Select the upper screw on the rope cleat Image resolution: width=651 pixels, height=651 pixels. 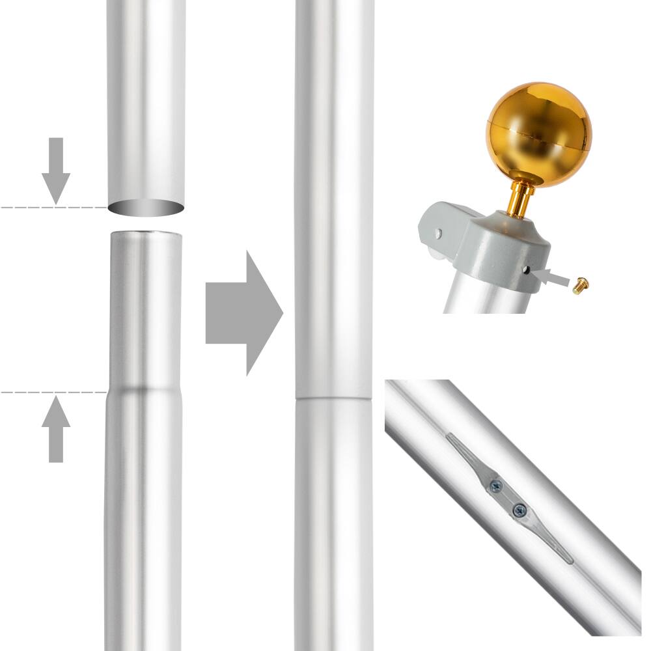496,485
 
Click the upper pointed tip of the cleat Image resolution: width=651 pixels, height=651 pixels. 450,437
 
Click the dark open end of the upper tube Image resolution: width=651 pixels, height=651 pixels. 146,208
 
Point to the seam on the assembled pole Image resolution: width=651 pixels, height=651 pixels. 333,398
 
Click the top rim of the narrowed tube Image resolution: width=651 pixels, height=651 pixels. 145,234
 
